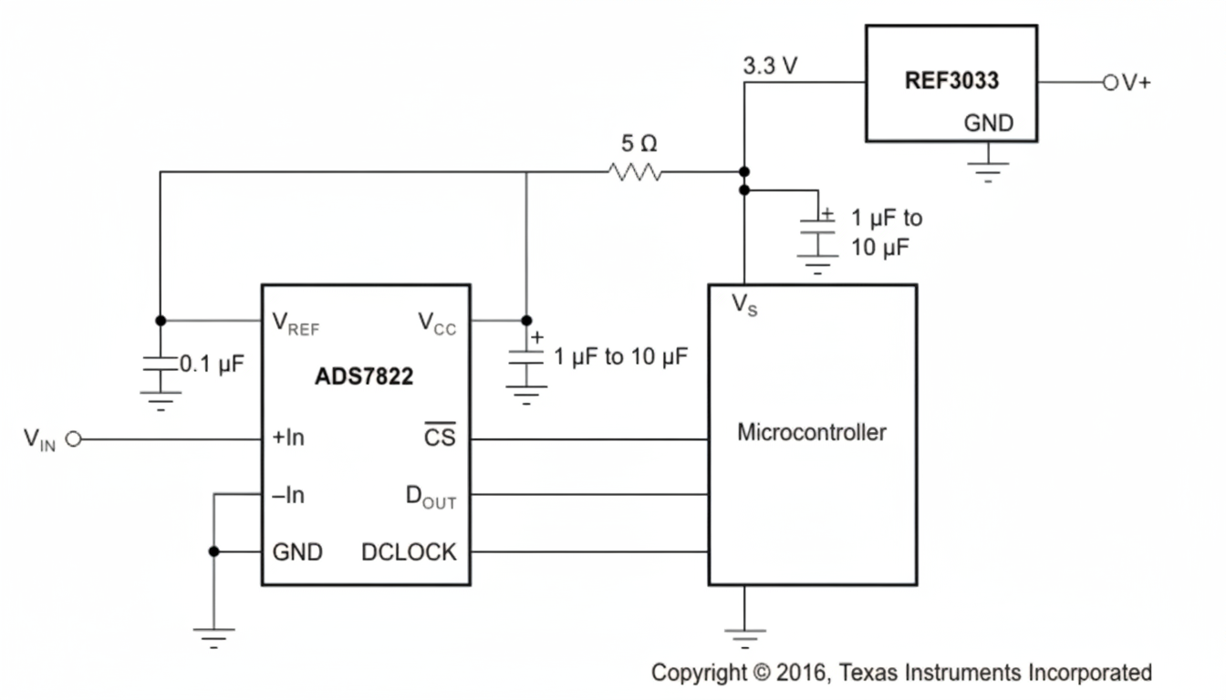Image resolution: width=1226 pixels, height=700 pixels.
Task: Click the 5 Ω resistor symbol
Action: (634, 171)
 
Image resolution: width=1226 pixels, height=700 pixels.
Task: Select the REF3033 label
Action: (951, 80)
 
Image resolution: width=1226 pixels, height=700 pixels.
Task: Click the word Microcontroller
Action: (811, 431)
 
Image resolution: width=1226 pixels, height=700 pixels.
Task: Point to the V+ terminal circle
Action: (1110, 82)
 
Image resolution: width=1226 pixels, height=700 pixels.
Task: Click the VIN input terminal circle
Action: (74, 439)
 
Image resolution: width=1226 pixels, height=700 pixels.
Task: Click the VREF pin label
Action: (296, 323)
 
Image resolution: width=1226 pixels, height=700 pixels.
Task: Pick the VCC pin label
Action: (437, 323)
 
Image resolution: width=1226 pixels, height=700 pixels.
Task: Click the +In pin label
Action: (288, 438)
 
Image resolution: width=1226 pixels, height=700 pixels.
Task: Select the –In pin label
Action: (288, 495)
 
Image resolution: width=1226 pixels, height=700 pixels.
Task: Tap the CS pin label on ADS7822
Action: (439, 438)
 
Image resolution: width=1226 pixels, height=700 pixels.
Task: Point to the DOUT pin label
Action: (431, 497)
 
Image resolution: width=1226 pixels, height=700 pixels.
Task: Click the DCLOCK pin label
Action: (409, 551)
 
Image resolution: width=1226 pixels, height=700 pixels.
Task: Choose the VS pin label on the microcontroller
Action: (744, 305)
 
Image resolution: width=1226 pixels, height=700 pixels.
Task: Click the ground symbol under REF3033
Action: (988, 170)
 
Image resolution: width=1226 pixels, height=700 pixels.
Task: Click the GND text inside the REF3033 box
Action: (988, 124)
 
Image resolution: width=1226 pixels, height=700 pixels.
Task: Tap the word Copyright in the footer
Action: (698, 673)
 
